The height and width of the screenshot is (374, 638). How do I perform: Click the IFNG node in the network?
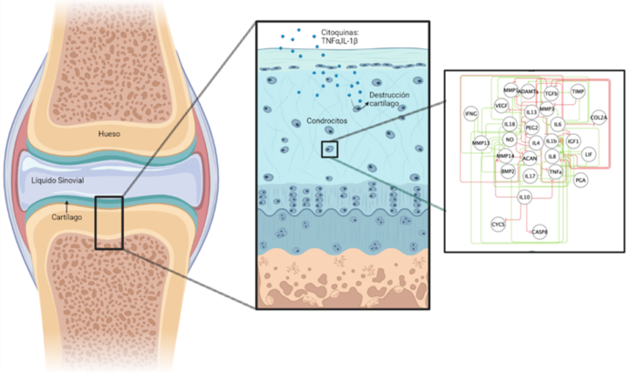click(471, 114)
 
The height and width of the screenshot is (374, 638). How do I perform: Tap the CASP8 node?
click(540, 232)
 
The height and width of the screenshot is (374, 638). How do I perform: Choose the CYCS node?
click(499, 223)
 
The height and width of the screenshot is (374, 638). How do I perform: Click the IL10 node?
click(524, 196)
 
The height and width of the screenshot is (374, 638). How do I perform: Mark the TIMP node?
click(578, 92)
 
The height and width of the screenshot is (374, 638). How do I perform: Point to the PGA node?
click(581, 181)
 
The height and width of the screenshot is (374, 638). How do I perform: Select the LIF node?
click(590, 155)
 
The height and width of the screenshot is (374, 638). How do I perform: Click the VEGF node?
click(501, 106)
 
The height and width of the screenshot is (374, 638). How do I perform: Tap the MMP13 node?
click(480, 142)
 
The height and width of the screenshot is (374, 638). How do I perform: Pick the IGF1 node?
click(573, 142)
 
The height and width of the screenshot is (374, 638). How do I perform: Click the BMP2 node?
click(508, 171)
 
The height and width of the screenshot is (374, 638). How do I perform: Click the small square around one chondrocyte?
click(330, 149)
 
